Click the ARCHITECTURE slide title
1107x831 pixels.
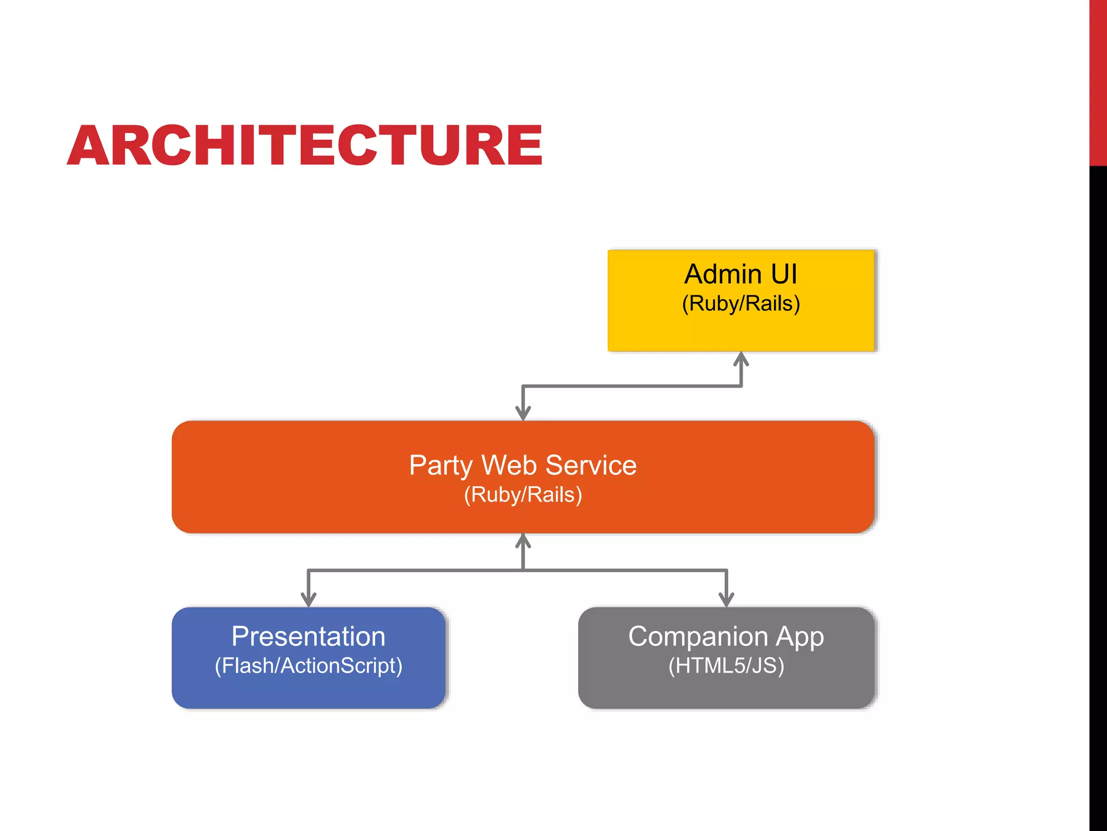304,145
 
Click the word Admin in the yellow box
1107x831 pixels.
722,274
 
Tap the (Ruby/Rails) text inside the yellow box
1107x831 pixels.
741,304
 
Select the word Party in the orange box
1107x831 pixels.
441,466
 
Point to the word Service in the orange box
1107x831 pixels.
591,465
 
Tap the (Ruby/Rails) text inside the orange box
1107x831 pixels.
523,495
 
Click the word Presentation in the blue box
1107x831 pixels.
308,636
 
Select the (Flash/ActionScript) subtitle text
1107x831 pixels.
308,666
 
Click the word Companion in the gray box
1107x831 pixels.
698,636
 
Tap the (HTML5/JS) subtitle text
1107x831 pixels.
726,666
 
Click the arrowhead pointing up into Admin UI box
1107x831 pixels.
741,359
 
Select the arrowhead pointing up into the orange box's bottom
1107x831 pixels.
523,540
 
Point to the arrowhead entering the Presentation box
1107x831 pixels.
308,599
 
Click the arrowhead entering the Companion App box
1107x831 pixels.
726,599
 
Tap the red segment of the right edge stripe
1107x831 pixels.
1098,81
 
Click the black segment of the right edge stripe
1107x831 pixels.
1098,487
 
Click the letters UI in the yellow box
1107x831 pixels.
784,274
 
